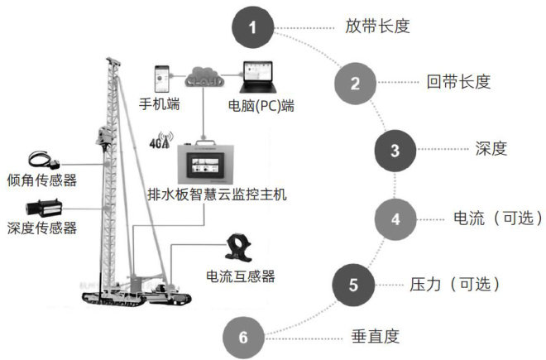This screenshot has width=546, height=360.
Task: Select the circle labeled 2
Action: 355,83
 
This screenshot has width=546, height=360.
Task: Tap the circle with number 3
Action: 395,150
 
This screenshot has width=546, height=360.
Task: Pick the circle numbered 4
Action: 395,219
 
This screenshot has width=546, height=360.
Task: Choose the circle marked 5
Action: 353,286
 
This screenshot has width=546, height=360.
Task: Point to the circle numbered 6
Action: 242,338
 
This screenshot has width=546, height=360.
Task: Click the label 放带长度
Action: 377,26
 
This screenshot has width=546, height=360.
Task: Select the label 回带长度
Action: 459,81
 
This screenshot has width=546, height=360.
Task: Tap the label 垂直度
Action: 376,336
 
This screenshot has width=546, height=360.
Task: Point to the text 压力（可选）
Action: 456,285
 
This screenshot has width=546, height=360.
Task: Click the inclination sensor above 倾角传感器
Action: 41,160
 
